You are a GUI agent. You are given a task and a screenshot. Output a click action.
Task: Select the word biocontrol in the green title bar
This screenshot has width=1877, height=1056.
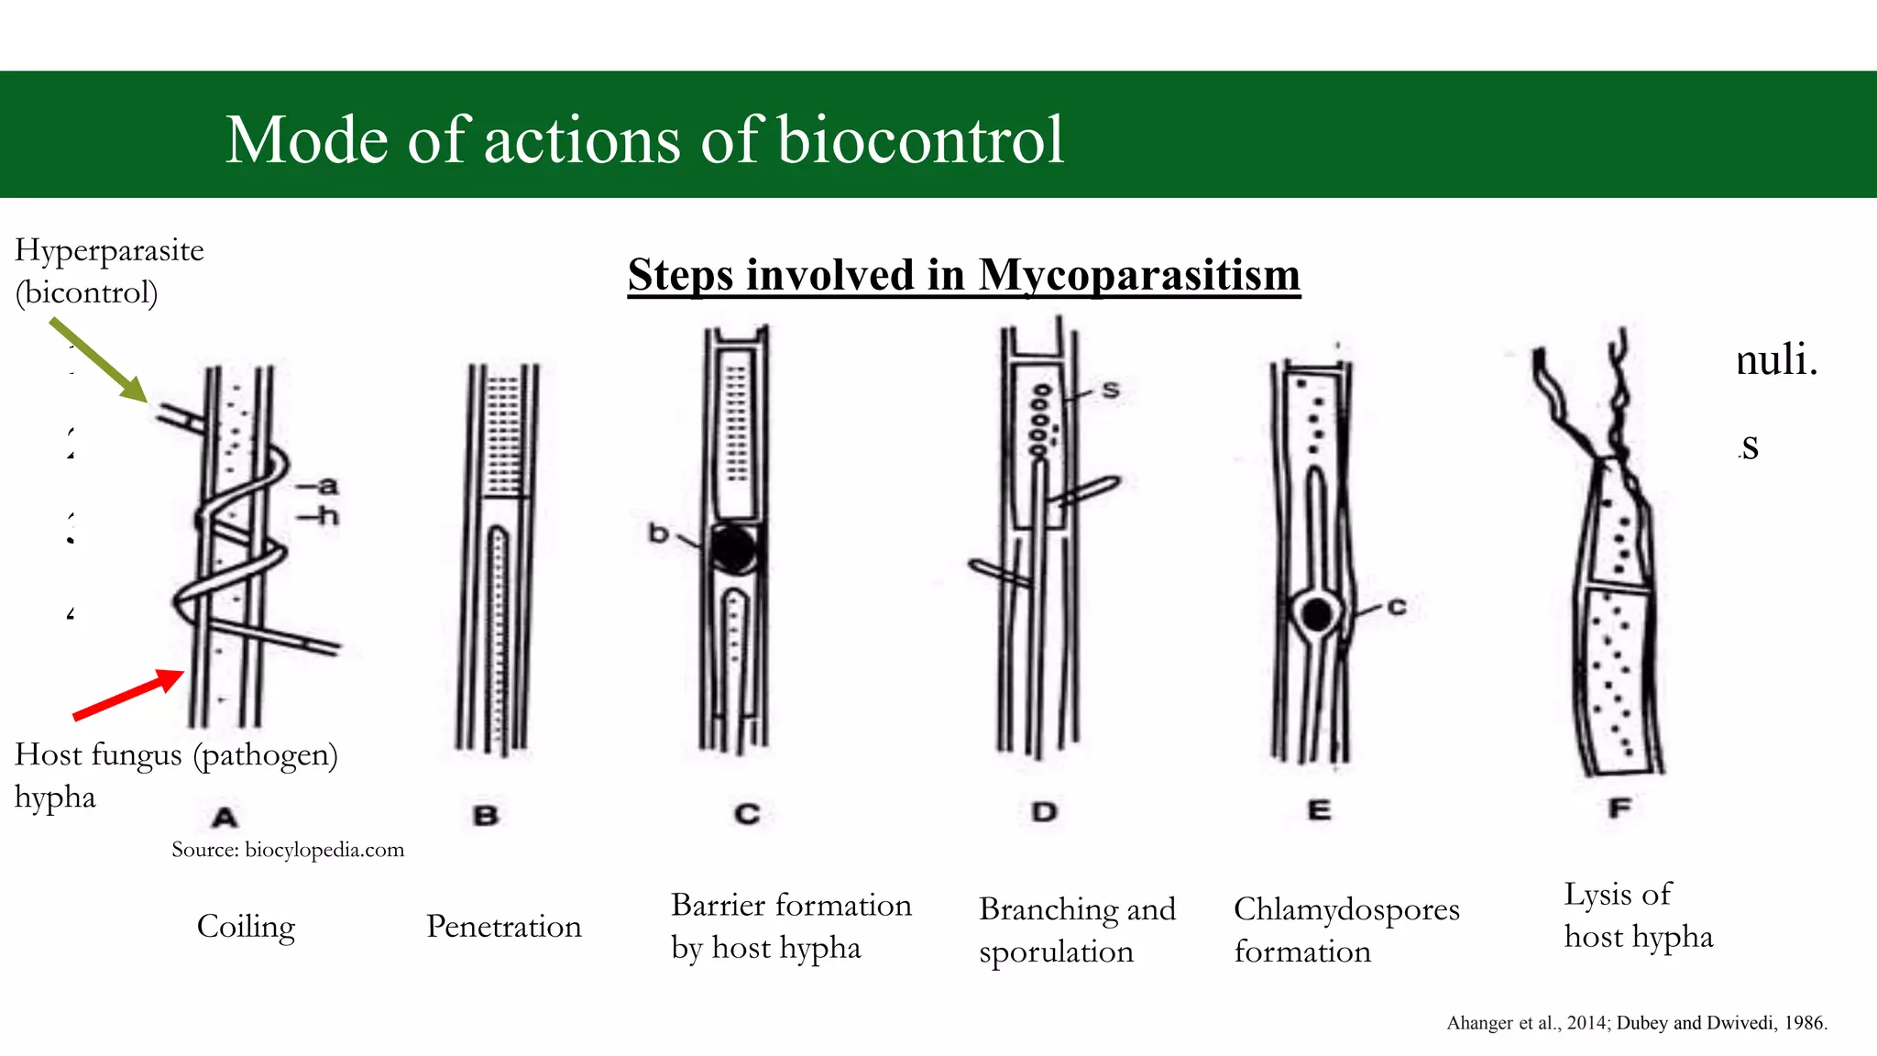(x=920, y=140)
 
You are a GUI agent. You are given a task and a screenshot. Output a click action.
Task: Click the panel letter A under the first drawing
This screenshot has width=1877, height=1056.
(x=225, y=817)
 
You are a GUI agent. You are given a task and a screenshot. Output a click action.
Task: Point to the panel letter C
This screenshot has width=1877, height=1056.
(x=747, y=814)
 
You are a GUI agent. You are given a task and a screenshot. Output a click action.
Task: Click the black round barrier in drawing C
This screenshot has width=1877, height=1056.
(x=733, y=549)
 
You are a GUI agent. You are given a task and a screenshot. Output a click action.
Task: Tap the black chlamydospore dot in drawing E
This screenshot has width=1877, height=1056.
(x=1317, y=614)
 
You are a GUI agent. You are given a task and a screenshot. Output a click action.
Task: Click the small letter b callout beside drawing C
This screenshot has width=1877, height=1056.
(x=658, y=533)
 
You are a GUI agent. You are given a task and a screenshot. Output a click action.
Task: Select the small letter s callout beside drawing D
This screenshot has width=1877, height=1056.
(x=1111, y=390)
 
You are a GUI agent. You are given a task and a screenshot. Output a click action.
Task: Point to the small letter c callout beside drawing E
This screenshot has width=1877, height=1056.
(x=1396, y=606)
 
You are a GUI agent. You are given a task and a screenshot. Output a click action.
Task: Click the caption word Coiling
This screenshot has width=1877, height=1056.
(x=246, y=927)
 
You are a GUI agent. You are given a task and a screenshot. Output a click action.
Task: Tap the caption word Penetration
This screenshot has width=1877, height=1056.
(x=503, y=927)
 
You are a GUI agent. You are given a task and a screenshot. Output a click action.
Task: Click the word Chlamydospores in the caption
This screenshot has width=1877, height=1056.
(x=1345, y=909)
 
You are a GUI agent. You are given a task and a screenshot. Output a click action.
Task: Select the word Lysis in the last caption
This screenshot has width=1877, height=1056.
(x=1597, y=895)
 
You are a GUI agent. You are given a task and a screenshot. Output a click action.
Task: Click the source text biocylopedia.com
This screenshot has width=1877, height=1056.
(x=324, y=850)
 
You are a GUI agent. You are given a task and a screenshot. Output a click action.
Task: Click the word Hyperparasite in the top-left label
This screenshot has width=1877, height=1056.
(x=109, y=250)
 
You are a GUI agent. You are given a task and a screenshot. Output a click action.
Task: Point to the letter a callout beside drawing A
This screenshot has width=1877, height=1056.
(x=327, y=485)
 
